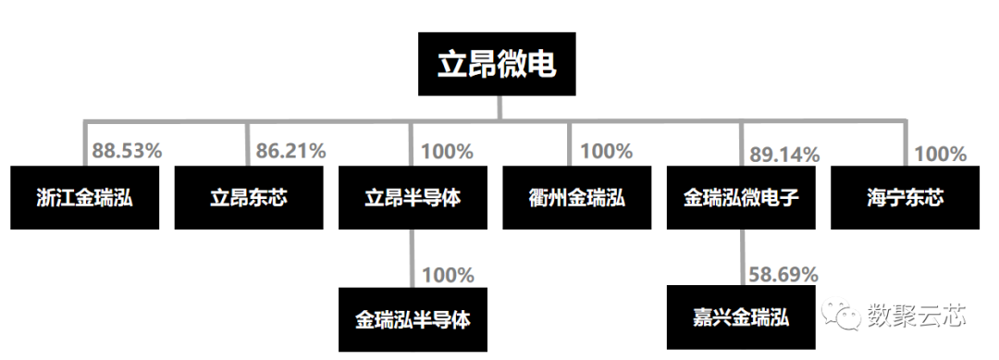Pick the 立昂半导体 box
[413, 197]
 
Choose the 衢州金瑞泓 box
[576, 197]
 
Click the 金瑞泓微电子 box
[741, 197]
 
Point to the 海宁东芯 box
[905, 197]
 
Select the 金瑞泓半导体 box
[413, 319]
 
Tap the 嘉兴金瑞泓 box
[741, 318]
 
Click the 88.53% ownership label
[128, 151]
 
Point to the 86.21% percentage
[290, 151]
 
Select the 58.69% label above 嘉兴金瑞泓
[783, 274]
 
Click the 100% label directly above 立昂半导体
[447, 151]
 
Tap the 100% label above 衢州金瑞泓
[606, 151]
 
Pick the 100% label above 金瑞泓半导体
[447, 275]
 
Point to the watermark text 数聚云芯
[916, 317]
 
